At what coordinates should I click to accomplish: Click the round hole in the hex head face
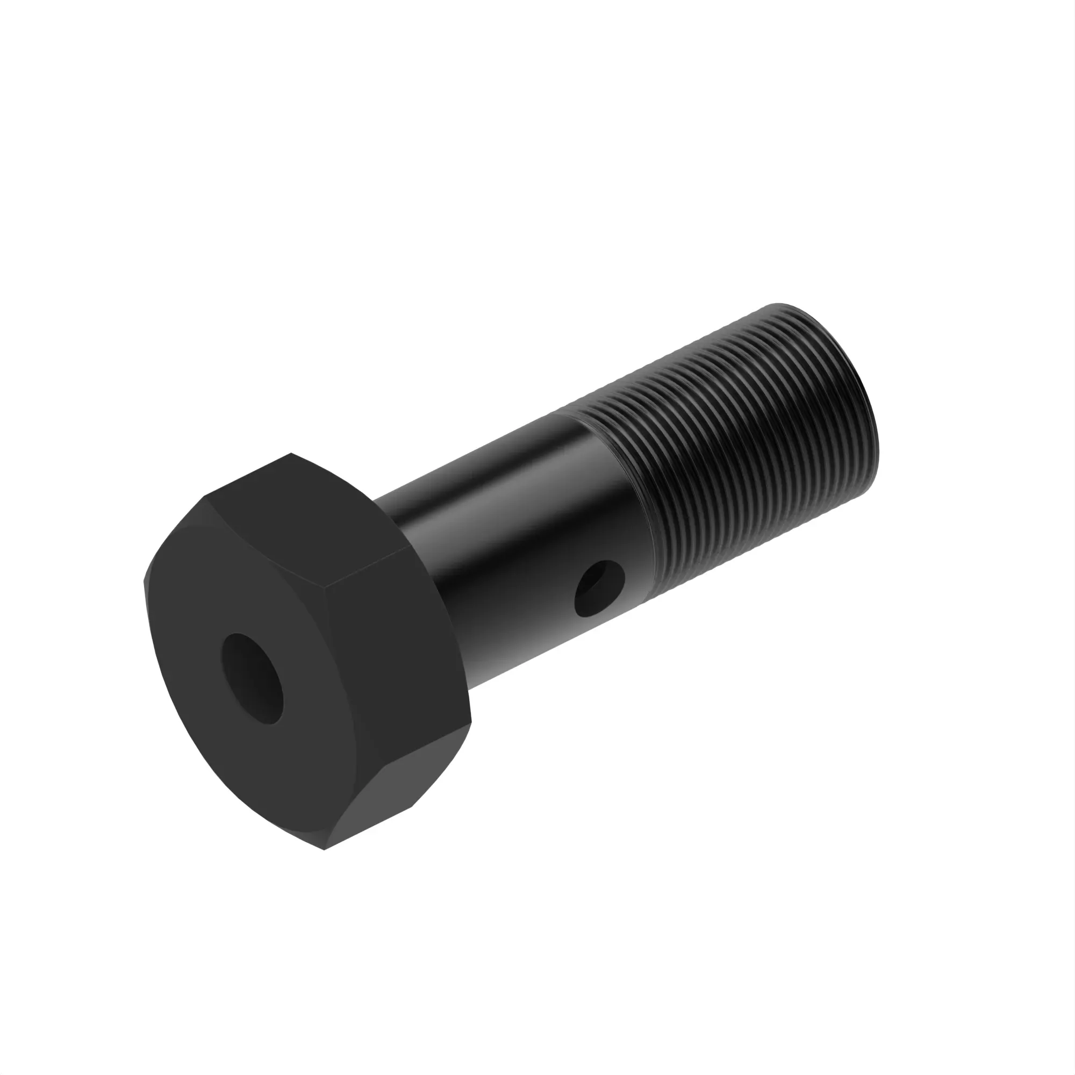point(252,678)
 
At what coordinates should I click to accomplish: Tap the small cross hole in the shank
point(599,589)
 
